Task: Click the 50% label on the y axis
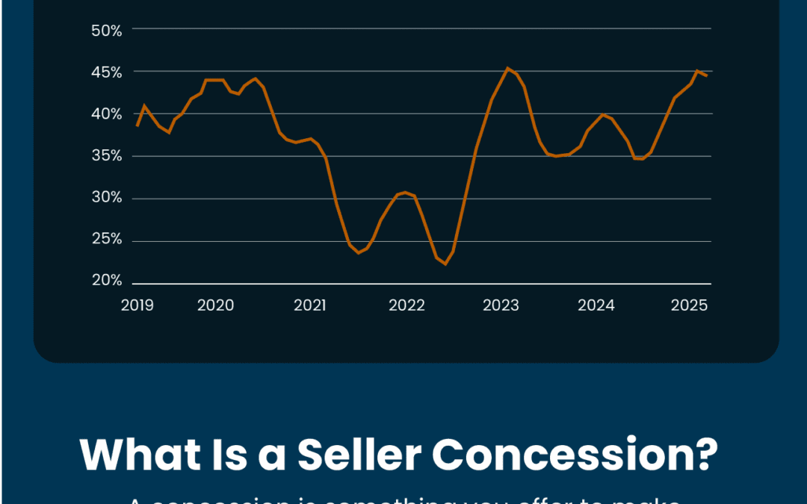pos(106,31)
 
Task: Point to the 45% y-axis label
pos(106,72)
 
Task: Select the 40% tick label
pos(106,114)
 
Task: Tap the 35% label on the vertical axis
pos(106,156)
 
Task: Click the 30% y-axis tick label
pos(106,198)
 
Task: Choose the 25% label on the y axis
pos(106,240)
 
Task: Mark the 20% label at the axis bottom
pos(106,281)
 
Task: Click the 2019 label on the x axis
pos(137,305)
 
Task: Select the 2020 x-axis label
pos(215,305)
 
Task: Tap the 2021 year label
pos(310,305)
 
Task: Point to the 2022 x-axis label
pos(406,305)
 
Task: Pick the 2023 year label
pos(501,305)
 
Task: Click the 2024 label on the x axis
pos(596,305)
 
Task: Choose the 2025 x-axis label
pos(690,305)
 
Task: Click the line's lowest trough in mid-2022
pos(445,264)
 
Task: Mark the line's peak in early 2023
pos(508,68)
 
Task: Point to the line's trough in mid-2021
pos(359,252)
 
